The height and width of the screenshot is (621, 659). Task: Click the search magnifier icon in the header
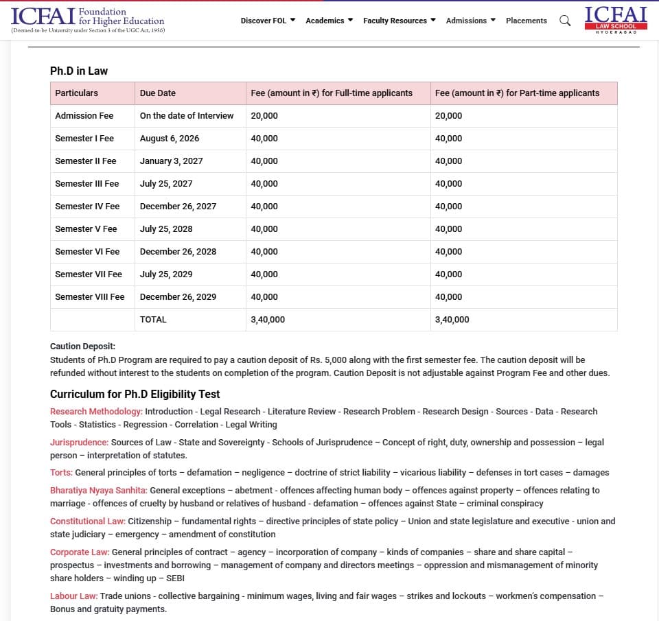click(565, 21)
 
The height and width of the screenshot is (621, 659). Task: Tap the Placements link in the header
click(527, 21)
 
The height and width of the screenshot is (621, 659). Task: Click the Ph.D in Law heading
click(79, 71)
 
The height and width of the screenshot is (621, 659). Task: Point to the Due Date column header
click(158, 93)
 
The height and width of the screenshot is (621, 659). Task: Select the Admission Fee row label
click(84, 116)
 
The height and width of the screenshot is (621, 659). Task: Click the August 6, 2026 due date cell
click(170, 139)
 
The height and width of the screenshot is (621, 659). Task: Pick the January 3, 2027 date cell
click(171, 161)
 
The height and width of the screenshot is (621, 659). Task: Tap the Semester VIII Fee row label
click(90, 297)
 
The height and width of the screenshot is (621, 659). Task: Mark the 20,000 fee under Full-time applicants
click(264, 116)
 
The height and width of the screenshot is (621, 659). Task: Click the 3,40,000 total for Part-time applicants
click(452, 320)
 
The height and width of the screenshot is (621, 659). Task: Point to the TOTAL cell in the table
click(153, 320)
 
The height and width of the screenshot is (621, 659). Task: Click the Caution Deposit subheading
click(82, 347)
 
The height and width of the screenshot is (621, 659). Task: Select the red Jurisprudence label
click(79, 443)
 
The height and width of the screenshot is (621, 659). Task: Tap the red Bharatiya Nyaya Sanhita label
click(98, 491)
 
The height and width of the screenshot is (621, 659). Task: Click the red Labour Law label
click(73, 596)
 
